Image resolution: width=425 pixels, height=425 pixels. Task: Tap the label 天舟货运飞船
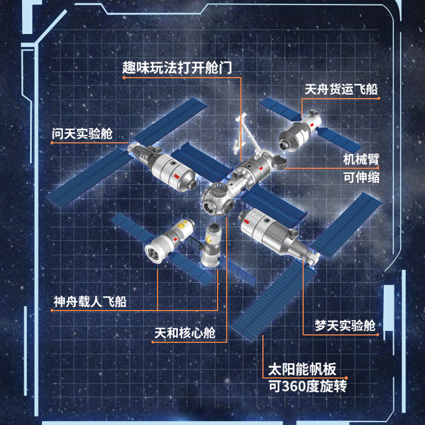pyautogui.click(x=341, y=89)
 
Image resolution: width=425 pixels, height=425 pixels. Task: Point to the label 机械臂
pyautogui.click(x=361, y=159)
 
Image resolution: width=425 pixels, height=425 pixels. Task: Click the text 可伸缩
pyautogui.click(x=361, y=177)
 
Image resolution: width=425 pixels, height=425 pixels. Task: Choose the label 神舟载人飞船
pyautogui.click(x=92, y=302)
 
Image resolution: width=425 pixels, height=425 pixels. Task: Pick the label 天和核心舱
pyautogui.click(x=185, y=334)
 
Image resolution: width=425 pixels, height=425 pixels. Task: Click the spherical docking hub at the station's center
pyautogui.click(x=217, y=198)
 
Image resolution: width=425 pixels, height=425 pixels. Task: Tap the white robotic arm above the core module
pyautogui.click(x=242, y=133)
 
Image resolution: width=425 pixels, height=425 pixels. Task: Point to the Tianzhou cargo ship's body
pyautogui.click(x=295, y=132)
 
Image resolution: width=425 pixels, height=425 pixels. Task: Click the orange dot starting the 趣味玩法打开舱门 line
pyautogui.click(x=124, y=78)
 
